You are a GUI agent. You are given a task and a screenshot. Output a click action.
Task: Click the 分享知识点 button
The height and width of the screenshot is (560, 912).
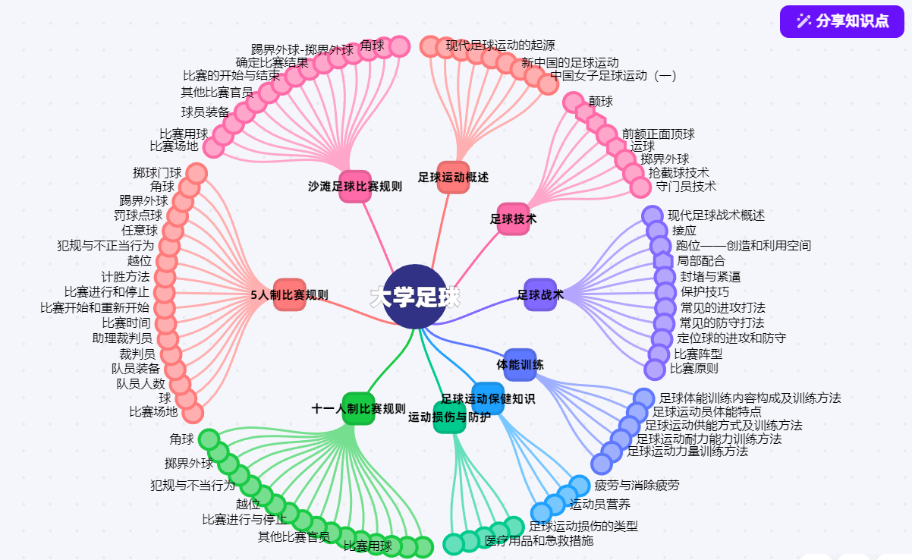point(842,21)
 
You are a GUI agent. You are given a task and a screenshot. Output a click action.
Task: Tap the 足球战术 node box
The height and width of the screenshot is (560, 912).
point(540,294)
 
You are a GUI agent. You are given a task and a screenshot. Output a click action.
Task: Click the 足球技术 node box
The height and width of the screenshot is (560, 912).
point(513,219)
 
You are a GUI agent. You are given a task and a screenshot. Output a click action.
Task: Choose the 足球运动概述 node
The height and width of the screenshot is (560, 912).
point(453,177)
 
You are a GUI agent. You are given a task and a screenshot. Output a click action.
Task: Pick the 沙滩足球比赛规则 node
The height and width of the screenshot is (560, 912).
point(354,186)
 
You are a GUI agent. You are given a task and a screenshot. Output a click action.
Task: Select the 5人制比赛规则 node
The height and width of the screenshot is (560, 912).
point(289,294)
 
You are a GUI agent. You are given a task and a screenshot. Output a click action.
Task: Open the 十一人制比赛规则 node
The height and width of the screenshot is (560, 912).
point(358,409)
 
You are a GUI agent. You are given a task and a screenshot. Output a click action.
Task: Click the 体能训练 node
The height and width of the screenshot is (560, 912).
point(520,365)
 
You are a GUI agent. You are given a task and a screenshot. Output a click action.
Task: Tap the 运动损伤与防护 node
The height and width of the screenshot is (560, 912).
point(449,417)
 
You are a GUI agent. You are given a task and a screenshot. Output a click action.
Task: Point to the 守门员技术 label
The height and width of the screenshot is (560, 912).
point(686,186)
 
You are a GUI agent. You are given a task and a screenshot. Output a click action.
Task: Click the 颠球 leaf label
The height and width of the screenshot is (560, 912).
point(601,101)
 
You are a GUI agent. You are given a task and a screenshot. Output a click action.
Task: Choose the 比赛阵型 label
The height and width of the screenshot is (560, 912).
point(698,353)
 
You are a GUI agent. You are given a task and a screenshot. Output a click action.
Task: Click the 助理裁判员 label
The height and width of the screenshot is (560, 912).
point(122,338)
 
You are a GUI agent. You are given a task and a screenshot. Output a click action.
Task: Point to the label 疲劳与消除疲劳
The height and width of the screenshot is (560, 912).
point(637,485)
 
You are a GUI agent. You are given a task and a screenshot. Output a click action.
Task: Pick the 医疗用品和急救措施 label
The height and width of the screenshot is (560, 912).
point(539,541)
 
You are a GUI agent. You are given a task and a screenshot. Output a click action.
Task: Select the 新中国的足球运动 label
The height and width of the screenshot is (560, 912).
point(570,62)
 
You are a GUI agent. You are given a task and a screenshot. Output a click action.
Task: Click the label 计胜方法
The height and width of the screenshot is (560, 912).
point(125,276)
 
